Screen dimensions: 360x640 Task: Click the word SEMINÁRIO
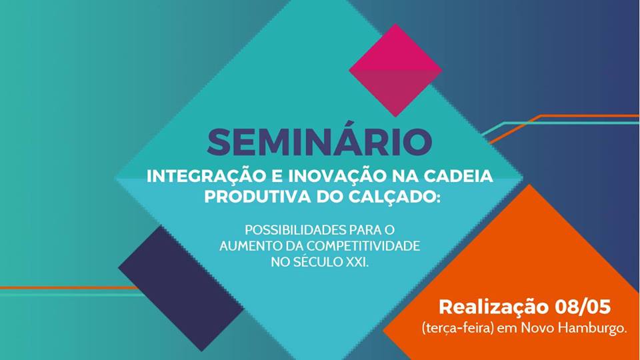coord(319,142)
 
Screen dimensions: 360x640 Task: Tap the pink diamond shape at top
coord(395,69)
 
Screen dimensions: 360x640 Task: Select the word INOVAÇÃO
coord(329,177)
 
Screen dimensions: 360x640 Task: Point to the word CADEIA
coord(460,177)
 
